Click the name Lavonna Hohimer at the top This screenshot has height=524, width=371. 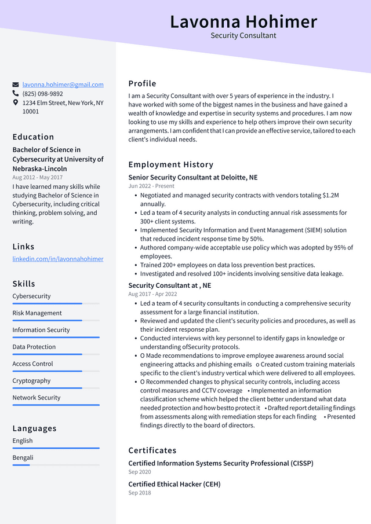(243, 21)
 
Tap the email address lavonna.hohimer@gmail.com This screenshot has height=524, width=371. (63, 85)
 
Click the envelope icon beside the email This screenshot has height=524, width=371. (16, 85)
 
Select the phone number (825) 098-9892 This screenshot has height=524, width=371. (42, 94)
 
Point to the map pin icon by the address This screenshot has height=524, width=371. (16, 102)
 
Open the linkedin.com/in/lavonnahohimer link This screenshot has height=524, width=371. (58, 259)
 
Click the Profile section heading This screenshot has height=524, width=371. (142, 83)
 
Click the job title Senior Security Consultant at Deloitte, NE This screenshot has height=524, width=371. (193, 177)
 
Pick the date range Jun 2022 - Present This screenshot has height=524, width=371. (151, 186)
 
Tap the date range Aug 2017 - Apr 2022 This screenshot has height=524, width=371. (152, 294)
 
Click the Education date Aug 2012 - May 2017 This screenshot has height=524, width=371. (38, 178)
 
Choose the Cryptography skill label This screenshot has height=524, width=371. (31, 381)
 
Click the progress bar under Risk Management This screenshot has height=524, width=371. (56, 320)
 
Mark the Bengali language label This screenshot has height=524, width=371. (23, 458)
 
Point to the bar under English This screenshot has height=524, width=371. (56, 448)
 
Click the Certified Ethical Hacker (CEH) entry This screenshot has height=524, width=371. (174, 484)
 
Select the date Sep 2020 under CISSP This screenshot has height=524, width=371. (140, 472)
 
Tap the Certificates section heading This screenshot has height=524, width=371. (152, 450)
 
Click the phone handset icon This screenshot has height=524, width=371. (16, 93)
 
